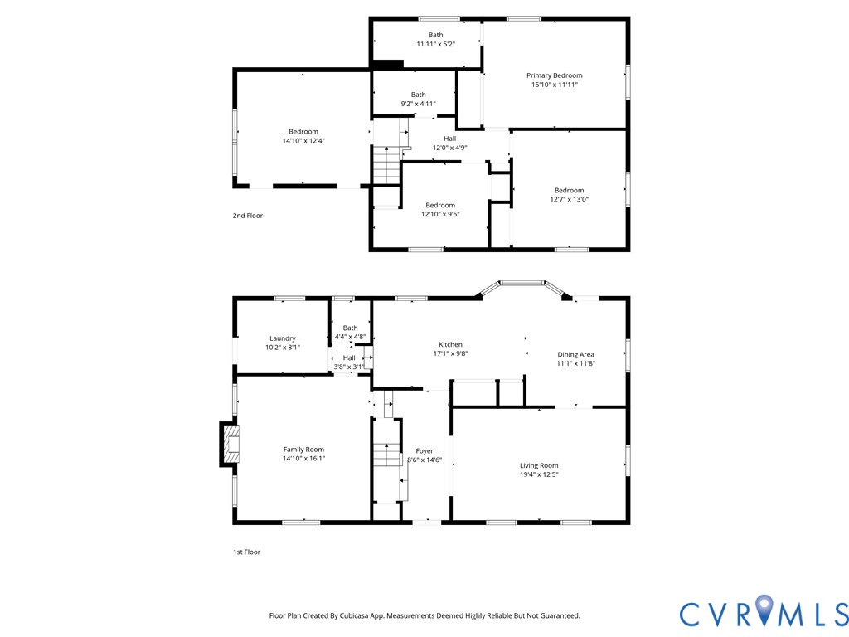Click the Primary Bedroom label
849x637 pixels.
[554, 75]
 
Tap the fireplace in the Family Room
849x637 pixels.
[230, 445]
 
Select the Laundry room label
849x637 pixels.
[282, 338]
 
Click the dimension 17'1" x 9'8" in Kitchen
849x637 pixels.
[450, 353]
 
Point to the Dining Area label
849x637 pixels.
[575, 354]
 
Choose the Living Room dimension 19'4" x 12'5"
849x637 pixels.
[539, 474]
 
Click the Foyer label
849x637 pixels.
[424, 451]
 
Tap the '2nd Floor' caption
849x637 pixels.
[247, 216]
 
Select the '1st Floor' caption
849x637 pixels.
[246, 552]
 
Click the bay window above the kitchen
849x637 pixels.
[522, 284]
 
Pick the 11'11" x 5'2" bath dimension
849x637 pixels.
[435, 44]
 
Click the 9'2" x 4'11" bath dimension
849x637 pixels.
[418, 104]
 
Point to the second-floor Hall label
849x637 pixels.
[449, 139]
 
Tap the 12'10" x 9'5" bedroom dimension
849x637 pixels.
[440, 214]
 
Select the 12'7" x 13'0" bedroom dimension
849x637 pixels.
[569, 199]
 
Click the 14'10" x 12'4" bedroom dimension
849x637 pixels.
[303, 140]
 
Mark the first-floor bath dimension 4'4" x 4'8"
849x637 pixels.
[350, 338]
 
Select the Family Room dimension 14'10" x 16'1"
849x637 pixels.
[303, 458]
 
